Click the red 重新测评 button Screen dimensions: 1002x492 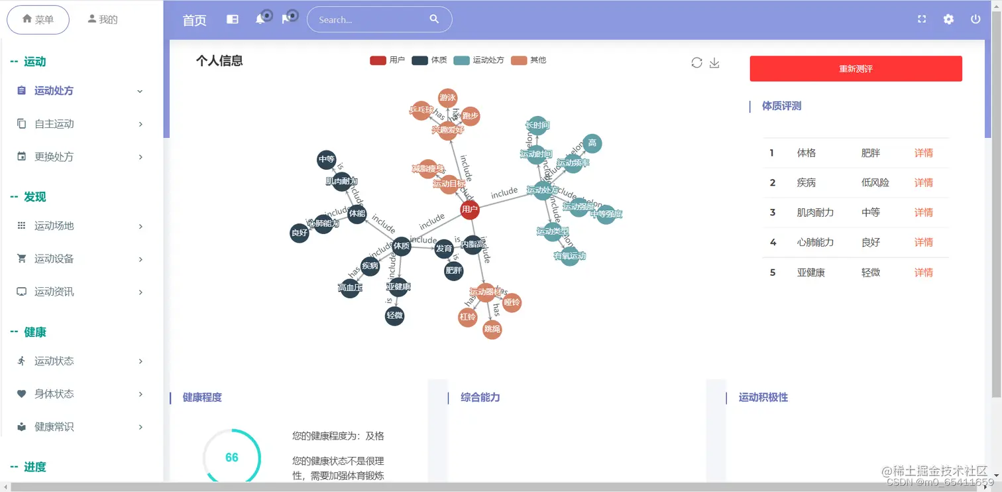(x=856, y=68)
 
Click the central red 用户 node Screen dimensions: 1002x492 (x=470, y=210)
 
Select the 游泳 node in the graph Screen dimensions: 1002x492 (x=448, y=98)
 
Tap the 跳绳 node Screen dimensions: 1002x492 (x=492, y=329)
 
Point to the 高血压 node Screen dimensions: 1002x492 (x=350, y=288)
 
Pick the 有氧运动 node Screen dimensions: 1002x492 (x=570, y=256)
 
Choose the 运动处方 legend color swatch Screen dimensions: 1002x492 (x=461, y=60)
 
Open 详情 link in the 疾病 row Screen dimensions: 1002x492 (x=923, y=182)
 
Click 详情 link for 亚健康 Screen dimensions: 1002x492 (x=923, y=273)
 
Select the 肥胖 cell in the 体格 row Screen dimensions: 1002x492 (x=871, y=153)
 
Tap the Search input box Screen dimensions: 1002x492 (x=371, y=20)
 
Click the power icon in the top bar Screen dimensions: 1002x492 (x=975, y=19)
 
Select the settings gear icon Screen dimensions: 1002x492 (x=948, y=19)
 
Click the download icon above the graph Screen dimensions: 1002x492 (x=714, y=63)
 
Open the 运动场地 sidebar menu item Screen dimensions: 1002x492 (x=54, y=226)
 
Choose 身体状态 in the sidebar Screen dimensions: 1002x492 (x=54, y=394)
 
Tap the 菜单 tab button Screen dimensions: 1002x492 (x=38, y=20)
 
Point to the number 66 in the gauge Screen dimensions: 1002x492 (x=232, y=458)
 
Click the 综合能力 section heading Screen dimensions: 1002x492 (x=480, y=398)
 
